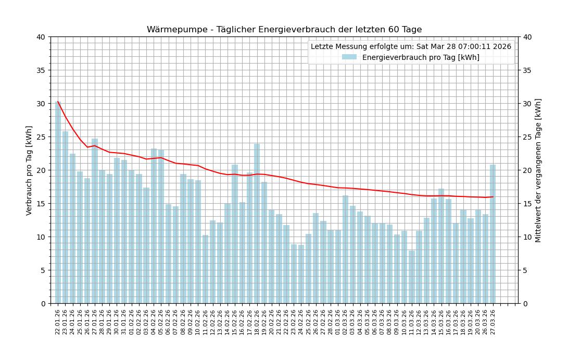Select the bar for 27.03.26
(493, 234)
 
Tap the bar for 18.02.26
(257, 224)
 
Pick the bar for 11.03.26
(412, 277)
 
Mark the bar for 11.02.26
(205, 269)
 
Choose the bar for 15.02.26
(235, 234)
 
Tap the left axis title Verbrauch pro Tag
(29, 170)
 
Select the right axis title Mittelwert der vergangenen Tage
(538, 170)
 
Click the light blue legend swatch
(349, 57)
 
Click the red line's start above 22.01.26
(58, 102)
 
